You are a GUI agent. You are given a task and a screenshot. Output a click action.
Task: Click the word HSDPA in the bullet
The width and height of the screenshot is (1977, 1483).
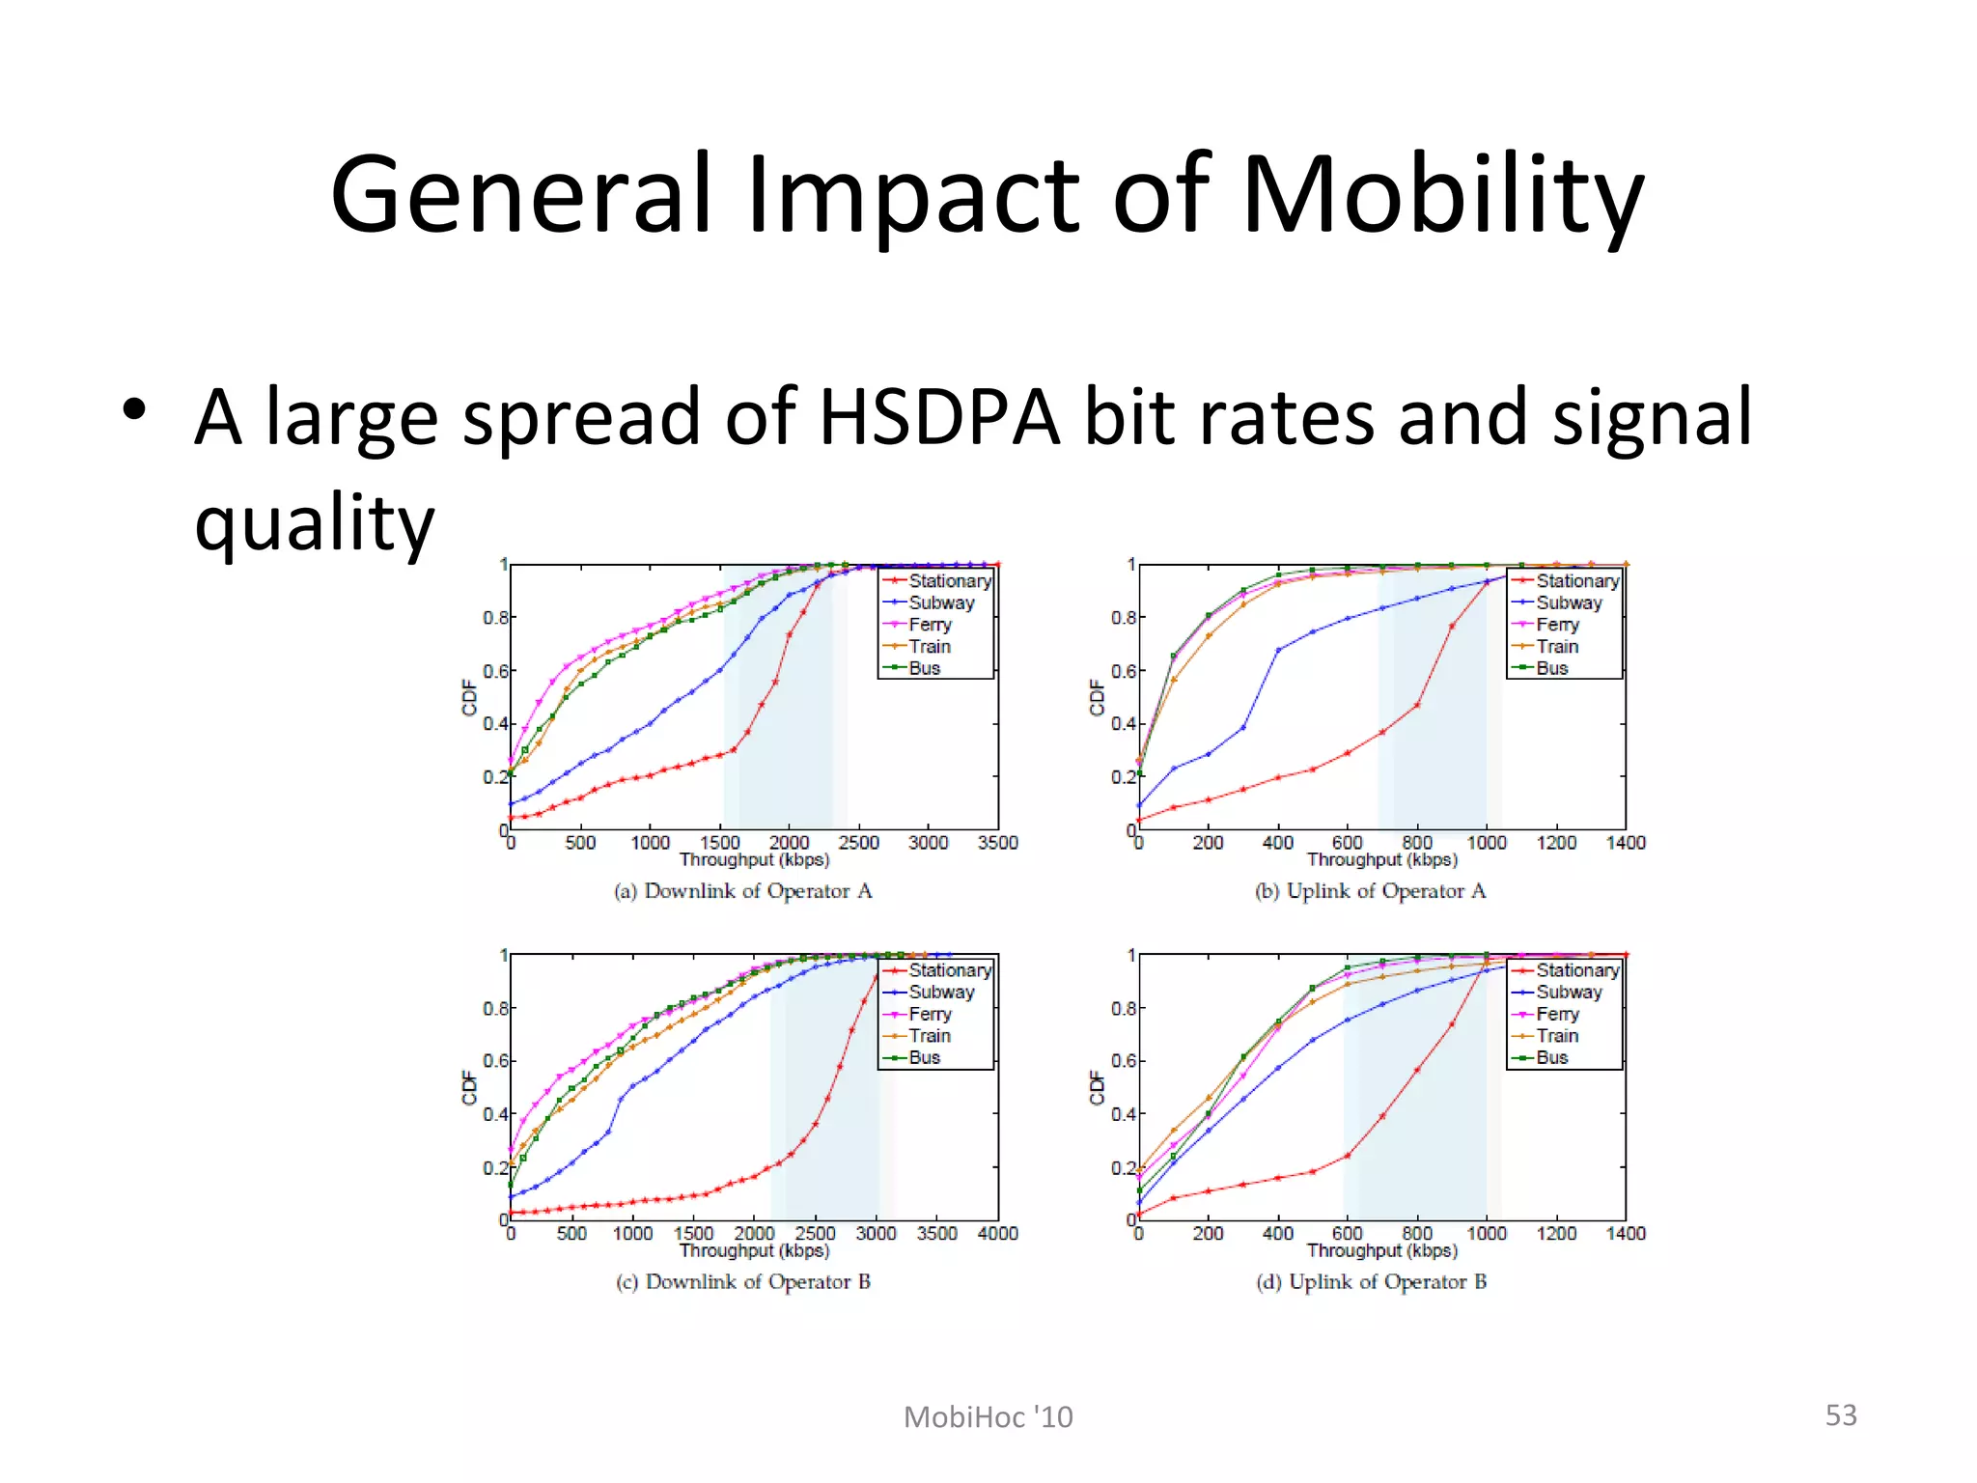point(939,418)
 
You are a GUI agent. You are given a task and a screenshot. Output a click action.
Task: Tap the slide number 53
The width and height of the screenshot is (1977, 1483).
point(1840,1415)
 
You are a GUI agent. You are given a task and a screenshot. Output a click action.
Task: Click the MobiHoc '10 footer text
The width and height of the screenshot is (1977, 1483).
point(988,1417)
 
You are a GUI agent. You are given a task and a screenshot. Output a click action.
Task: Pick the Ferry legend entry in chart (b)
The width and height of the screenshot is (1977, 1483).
point(1557,625)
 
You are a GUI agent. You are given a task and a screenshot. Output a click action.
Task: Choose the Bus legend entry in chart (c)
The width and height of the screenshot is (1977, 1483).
point(924,1058)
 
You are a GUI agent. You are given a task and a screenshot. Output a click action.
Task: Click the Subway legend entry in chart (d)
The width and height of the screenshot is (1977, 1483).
point(1569,993)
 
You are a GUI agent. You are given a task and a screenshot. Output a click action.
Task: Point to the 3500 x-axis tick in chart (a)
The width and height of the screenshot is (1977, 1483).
point(997,843)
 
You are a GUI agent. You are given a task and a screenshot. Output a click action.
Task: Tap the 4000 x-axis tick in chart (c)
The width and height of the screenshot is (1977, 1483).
point(997,1234)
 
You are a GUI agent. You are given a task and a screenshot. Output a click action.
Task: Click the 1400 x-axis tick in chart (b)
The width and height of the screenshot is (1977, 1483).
point(1626,843)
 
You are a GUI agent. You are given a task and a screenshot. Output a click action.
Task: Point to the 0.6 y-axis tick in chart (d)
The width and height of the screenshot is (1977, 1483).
point(1122,1061)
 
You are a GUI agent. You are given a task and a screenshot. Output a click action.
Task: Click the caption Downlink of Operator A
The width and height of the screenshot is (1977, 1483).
point(743,891)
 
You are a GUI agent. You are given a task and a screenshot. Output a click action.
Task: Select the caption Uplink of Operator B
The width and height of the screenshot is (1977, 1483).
point(1371,1282)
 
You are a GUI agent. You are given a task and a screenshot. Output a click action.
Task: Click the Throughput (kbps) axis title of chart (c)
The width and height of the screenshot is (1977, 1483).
point(754,1251)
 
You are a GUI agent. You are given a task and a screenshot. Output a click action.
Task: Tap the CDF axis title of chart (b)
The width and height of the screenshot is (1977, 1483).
point(1097,697)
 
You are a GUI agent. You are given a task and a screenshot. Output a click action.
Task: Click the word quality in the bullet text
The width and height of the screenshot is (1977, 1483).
point(315,524)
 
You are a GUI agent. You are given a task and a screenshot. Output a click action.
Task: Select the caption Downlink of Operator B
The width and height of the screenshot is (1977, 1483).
point(743,1282)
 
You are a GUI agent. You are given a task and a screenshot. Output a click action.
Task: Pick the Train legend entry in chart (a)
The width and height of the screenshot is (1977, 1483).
point(929,647)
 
